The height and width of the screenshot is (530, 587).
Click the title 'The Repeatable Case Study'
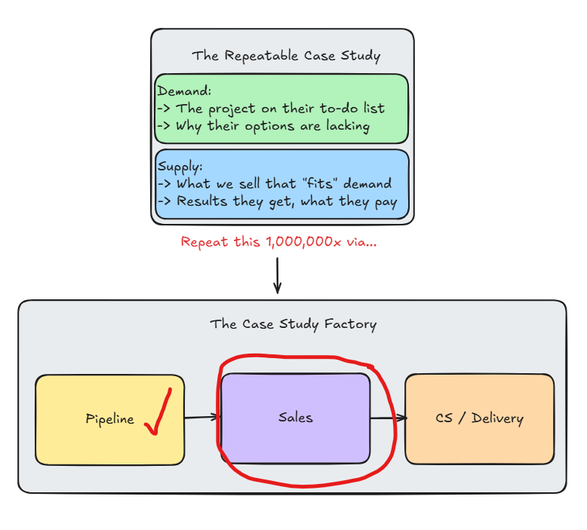[x=286, y=56]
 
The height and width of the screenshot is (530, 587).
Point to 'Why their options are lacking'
[x=272, y=126]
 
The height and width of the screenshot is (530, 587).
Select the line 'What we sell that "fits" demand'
[x=284, y=183]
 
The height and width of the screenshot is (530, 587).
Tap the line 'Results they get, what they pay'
[x=286, y=201]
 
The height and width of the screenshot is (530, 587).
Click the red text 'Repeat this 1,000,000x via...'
[x=278, y=242]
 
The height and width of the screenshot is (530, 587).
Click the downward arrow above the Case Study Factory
[x=277, y=276]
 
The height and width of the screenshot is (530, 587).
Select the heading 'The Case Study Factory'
[x=293, y=324]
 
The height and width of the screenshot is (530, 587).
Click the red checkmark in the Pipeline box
[x=158, y=413]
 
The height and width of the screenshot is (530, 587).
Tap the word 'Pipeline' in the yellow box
[x=109, y=419]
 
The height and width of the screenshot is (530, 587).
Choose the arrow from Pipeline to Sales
[x=202, y=417]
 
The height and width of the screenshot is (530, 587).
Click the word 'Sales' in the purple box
[x=295, y=417]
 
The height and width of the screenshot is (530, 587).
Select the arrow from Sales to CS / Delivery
[x=388, y=418]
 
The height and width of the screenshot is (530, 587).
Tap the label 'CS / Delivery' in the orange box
[x=479, y=418]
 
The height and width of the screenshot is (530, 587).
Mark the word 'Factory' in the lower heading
[x=351, y=324]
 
